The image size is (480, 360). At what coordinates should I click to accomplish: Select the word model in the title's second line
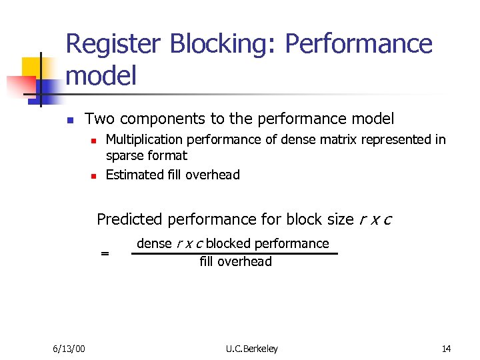click(101, 75)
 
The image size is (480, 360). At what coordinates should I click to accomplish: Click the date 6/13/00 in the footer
click(69, 349)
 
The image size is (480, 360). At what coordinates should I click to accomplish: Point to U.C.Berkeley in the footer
click(252, 349)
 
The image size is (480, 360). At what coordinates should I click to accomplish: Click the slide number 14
click(446, 349)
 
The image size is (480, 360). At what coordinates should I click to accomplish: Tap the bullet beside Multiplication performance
click(94, 141)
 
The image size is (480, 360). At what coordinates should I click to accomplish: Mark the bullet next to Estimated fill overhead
click(94, 176)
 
